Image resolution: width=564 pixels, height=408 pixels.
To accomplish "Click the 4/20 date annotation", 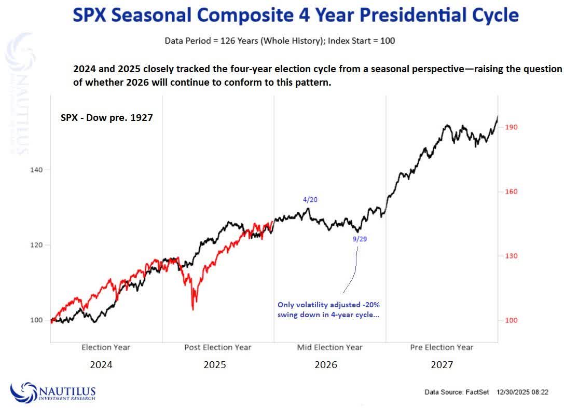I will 310,199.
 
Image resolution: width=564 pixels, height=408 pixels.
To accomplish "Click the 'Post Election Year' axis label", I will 218,347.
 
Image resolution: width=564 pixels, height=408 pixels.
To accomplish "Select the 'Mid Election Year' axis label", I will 329,347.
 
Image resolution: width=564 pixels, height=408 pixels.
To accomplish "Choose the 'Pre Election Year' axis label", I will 442,347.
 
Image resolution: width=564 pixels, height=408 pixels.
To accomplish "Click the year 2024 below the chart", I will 101,365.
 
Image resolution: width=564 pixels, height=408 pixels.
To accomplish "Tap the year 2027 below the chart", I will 442,365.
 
